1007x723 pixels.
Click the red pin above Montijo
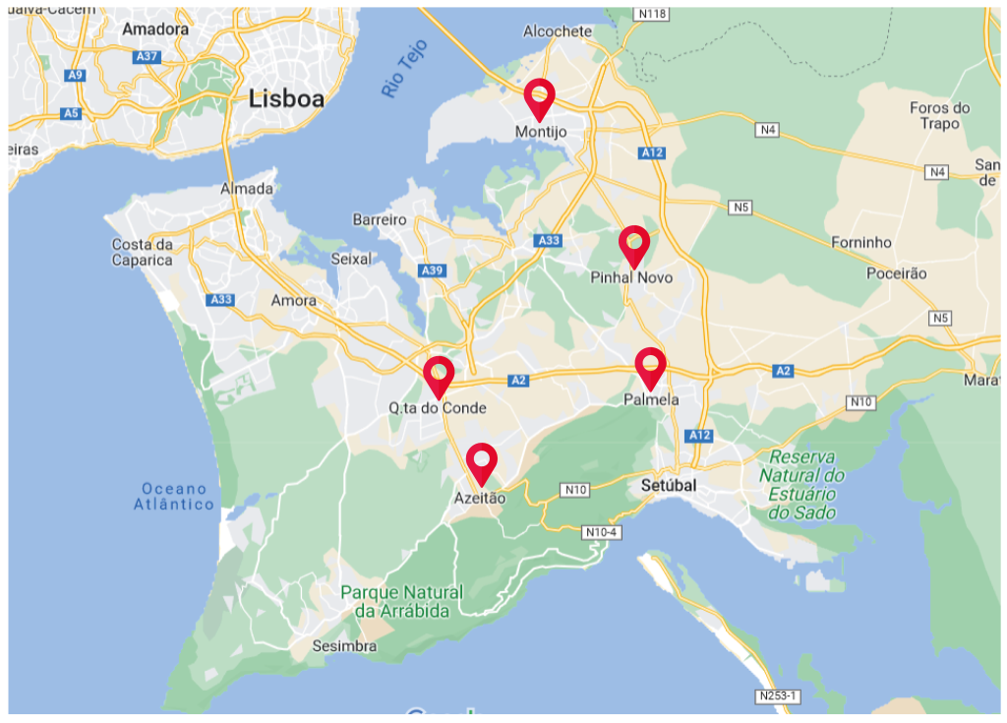[539, 96]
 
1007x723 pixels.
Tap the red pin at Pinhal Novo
[634, 244]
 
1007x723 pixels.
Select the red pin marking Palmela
[650, 366]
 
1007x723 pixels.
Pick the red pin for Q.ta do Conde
[439, 375]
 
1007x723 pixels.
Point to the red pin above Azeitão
[481, 461]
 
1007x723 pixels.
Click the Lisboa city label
[286, 98]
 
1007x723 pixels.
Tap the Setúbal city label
[668, 486]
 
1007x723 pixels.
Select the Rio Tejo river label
[405, 68]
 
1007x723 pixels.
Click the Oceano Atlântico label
[174, 497]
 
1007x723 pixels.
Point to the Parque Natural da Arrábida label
[401, 602]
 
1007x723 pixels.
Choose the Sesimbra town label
[344, 646]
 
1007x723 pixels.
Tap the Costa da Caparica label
[143, 252]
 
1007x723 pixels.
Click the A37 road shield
[148, 56]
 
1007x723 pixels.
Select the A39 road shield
[432, 270]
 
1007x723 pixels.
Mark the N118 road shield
[651, 14]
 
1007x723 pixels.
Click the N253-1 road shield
[779, 696]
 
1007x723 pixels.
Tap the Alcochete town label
[558, 31]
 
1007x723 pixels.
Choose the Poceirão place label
[896, 273]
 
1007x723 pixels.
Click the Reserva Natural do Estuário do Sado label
[802, 485]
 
